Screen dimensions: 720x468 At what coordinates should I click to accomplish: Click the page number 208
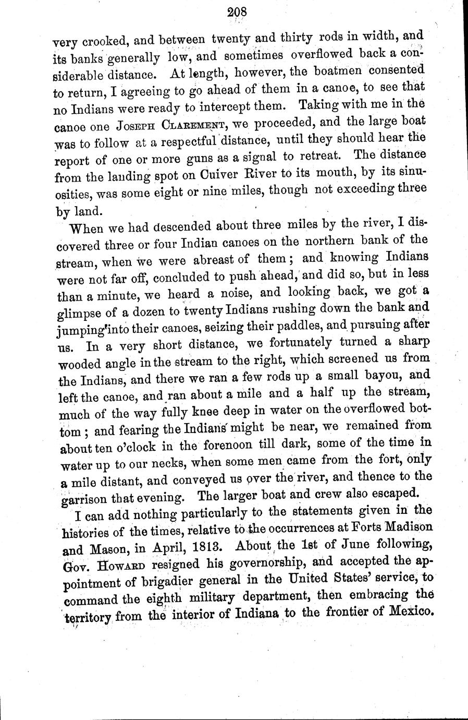236,12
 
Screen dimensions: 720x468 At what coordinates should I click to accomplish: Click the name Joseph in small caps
136,126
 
